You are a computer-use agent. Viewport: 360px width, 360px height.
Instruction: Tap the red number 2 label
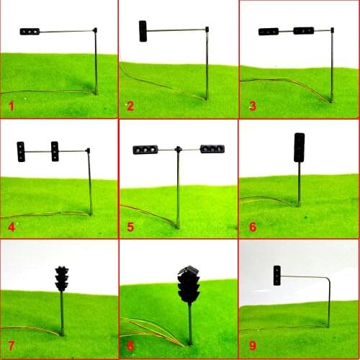(130, 107)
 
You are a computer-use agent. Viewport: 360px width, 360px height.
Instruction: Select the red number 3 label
(252, 107)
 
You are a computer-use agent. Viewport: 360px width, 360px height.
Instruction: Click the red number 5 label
(130, 227)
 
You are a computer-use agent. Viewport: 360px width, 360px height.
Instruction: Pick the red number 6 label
(252, 227)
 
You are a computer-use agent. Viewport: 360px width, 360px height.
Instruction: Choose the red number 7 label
(11, 347)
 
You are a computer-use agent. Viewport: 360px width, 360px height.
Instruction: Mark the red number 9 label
(252, 347)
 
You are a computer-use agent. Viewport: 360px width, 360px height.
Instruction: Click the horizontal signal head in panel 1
(30, 32)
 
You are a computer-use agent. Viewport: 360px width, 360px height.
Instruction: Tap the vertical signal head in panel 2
(143, 30)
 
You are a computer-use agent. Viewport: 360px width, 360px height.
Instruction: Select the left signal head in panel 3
(268, 32)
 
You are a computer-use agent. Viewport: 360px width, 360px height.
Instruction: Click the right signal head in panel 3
(303, 31)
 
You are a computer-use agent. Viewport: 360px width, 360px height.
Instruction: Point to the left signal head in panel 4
(22, 151)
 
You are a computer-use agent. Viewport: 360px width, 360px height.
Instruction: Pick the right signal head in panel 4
(55, 150)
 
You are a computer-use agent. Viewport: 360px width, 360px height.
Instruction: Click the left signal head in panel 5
(145, 150)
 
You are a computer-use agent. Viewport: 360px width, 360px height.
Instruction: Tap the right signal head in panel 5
(212, 149)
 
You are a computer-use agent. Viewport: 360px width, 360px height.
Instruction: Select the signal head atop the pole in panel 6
(299, 147)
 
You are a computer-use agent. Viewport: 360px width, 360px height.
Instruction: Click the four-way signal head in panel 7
(61, 279)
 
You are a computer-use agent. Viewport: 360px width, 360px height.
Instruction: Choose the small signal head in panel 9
(276, 275)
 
